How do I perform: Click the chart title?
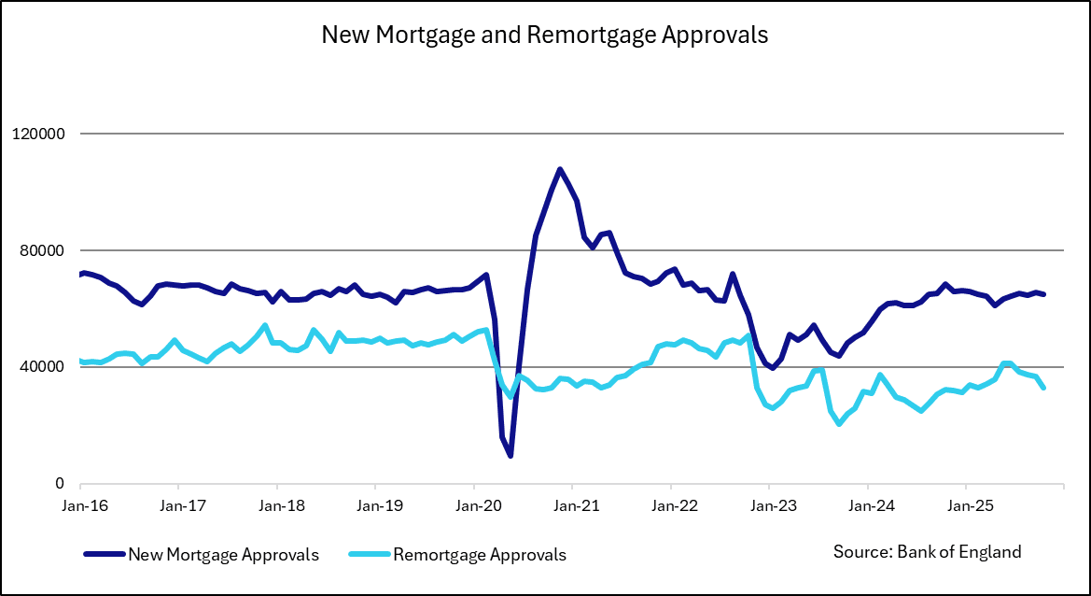[545, 35]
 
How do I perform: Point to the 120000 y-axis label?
[37, 134]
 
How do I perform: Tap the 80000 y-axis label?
[41, 250]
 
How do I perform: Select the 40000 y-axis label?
[41, 367]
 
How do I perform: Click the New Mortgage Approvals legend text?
[224, 555]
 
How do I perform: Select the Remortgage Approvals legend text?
[480, 555]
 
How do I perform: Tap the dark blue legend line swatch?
[104, 555]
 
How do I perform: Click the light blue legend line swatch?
[370, 555]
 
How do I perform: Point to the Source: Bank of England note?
[927, 551]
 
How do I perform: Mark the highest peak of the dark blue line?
[559, 169]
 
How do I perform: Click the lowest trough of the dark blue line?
[511, 456]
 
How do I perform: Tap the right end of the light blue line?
[1043, 388]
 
